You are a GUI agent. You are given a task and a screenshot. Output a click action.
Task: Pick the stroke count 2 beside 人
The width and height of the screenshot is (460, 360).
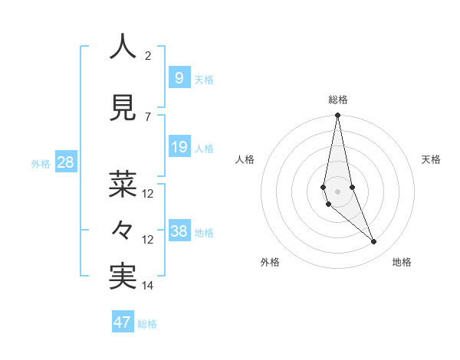(x=148, y=55)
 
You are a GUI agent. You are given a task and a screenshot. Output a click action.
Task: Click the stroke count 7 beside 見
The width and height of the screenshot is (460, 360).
(x=148, y=116)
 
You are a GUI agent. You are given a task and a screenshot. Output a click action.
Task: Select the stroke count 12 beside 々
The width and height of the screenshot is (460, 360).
(x=148, y=239)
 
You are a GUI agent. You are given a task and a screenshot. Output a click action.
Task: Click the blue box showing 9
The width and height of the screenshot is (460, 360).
(x=179, y=77)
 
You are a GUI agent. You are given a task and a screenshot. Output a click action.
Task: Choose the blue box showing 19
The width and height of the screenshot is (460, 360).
(x=179, y=147)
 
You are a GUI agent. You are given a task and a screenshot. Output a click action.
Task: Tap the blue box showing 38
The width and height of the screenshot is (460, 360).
(x=179, y=231)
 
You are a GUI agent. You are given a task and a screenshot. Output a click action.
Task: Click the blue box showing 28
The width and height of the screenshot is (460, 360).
(x=65, y=162)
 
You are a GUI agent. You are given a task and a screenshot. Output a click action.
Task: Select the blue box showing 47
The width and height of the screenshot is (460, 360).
(x=122, y=322)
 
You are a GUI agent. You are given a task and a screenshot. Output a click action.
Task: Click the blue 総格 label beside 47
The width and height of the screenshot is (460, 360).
(x=147, y=324)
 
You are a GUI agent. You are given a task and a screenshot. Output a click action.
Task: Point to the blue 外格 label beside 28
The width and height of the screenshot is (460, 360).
(x=41, y=164)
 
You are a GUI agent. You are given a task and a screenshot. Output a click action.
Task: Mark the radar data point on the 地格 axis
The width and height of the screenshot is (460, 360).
(x=374, y=242)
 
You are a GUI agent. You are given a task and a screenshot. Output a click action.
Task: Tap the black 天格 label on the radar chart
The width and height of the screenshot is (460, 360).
(x=432, y=159)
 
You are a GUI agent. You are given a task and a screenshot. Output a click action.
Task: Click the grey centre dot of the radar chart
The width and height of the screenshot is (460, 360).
(x=337, y=191)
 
